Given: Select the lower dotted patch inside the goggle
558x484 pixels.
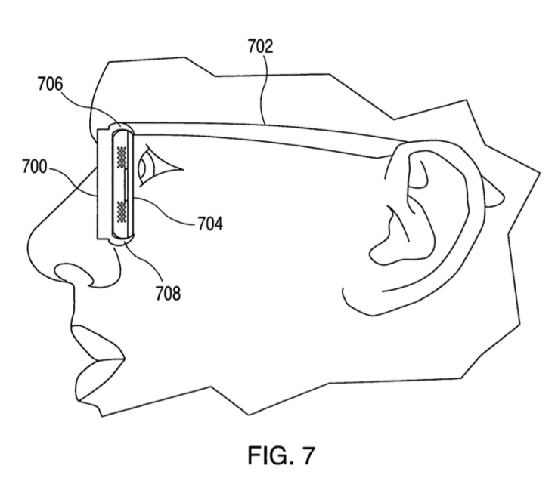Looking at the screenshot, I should (x=122, y=208).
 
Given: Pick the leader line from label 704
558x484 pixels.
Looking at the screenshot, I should (x=163, y=214).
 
